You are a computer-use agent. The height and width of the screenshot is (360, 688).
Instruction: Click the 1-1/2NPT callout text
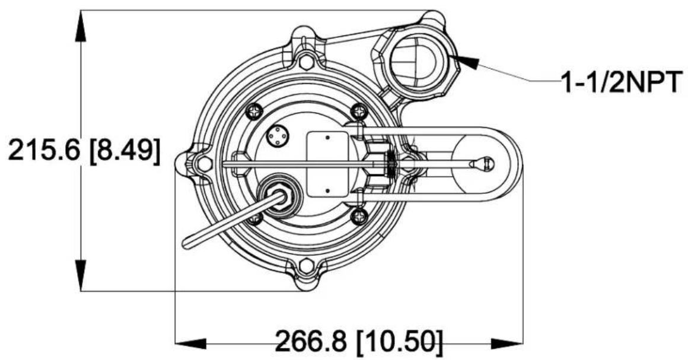(x=622, y=81)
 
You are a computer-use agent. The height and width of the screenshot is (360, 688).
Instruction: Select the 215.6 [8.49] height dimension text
(x=84, y=150)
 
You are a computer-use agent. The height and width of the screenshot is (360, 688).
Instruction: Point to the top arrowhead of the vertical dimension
(x=81, y=26)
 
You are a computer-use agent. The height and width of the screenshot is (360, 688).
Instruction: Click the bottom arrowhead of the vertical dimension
(x=81, y=275)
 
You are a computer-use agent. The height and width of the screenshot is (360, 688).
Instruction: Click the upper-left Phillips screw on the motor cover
(x=254, y=111)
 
